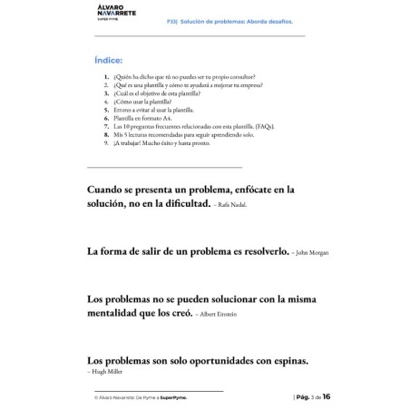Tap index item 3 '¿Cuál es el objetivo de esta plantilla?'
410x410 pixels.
(168, 94)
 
